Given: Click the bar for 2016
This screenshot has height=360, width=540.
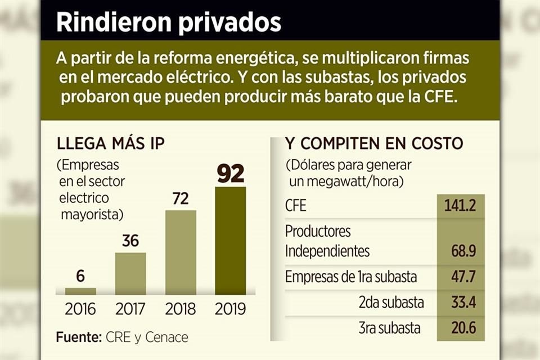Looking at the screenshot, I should click(80, 291).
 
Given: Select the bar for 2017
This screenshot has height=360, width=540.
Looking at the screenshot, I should click(130, 273).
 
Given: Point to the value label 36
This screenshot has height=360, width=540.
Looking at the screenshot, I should click(130, 241).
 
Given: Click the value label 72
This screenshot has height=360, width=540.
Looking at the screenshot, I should click(181, 199).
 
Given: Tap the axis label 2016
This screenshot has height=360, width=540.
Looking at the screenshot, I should click(80, 309).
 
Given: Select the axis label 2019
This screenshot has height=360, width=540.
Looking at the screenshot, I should click(231, 309).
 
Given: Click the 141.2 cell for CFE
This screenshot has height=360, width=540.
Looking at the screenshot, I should click(460, 206).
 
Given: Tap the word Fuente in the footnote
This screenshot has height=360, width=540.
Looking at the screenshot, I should click(78, 337).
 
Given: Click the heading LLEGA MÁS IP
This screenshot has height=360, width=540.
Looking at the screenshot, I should click(111, 143).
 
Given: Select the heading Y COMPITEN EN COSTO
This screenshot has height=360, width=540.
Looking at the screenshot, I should click(374, 143).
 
